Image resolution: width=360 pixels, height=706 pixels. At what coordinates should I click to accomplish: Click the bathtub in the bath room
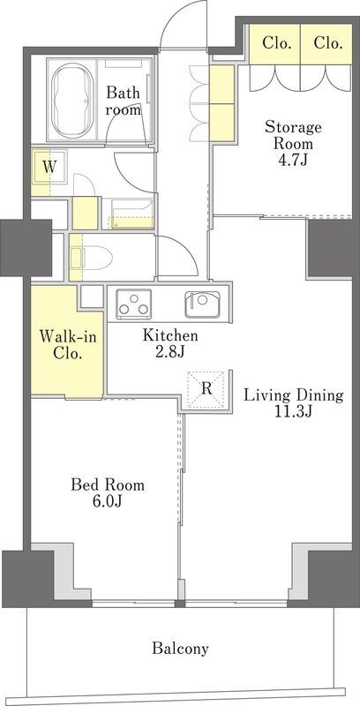point(73,101)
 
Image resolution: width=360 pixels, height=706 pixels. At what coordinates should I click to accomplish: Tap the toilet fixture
point(92,258)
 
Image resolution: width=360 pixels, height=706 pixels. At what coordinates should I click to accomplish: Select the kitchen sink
point(202,304)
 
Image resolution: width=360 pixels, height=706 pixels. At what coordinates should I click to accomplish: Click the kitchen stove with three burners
point(133,304)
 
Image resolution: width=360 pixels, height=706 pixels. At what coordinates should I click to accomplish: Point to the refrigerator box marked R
point(206,389)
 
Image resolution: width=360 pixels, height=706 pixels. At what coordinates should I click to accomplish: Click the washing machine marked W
point(49,167)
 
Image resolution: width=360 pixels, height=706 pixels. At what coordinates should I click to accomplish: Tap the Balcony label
point(181,649)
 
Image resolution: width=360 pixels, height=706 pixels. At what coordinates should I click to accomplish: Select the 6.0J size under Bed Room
point(108,500)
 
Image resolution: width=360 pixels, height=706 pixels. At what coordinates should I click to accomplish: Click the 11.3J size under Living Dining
point(294,411)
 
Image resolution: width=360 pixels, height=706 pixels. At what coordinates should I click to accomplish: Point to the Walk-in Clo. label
point(67,344)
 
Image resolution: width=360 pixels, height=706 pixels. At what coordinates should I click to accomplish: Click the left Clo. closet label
point(275,43)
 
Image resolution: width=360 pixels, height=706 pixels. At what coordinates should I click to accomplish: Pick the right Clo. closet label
point(326,43)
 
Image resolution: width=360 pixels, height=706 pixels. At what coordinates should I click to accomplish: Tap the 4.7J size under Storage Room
point(293,160)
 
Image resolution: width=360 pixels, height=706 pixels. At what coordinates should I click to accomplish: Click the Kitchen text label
point(170,335)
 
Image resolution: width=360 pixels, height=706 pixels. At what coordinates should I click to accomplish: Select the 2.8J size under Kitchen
point(170,351)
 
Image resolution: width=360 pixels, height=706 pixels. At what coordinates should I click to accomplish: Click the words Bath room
point(123,101)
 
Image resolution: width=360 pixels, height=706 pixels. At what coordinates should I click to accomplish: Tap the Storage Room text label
point(293,135)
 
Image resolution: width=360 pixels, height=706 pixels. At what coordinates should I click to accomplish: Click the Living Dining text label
point(294,395)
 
